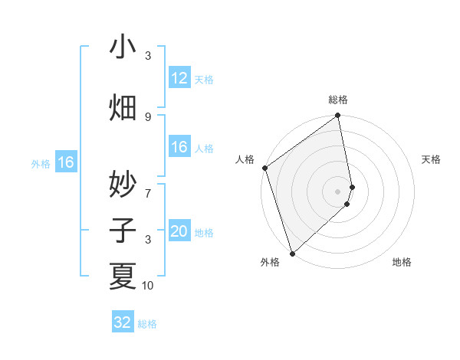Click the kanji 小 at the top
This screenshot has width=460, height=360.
[123, 47]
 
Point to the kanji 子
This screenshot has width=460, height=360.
[123, 231]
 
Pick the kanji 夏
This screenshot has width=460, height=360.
[123, 275]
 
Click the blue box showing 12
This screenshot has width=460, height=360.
[179, 78]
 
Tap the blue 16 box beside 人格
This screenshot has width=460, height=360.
[179, 148]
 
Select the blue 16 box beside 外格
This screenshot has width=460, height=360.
[66, 162]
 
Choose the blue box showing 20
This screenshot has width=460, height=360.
[179, 232]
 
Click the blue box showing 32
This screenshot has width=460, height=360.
[123, 322]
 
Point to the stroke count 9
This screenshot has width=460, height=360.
[148, 116]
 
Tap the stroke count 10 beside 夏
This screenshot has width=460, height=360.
[148, 286]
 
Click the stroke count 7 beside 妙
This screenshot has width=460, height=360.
[148, 185]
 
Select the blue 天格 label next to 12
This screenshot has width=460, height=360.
[204, 79]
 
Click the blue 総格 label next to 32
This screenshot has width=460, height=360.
[147, 324]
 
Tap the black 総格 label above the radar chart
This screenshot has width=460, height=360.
[338, 100]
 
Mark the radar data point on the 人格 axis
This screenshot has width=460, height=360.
[264, 168]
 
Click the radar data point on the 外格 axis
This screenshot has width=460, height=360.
[292, 253]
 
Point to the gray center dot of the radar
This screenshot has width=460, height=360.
[338, 191]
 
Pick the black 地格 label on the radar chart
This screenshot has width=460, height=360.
[402, 262]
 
